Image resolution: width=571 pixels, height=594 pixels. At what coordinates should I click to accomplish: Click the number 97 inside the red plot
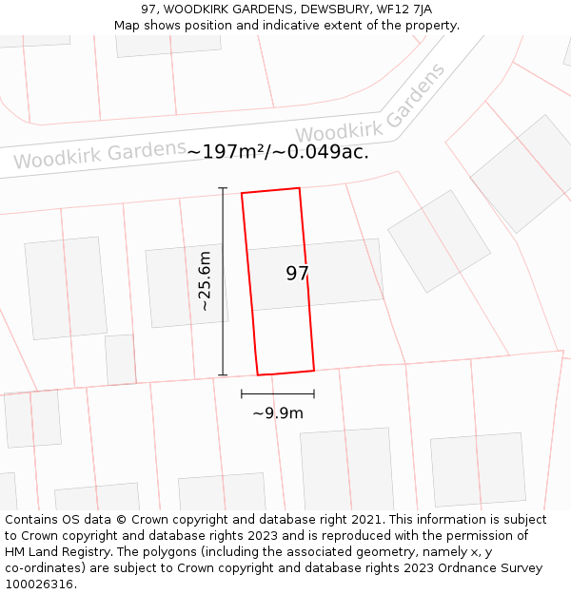coord(297,274)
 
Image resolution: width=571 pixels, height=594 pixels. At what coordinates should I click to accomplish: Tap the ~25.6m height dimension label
coord(204,281)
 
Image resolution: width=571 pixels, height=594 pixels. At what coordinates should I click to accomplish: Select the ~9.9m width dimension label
coord(278,413)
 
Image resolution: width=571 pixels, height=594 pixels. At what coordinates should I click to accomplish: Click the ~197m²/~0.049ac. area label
coord(278,151)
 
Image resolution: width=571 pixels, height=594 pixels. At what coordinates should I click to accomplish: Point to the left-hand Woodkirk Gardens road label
coord(99,155)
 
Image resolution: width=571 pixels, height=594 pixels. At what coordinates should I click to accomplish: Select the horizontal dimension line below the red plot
coord(278,393)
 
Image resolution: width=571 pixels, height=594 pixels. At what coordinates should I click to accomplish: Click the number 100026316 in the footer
coord(38,584)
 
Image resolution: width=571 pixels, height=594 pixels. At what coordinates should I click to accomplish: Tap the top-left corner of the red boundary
coord(242,194)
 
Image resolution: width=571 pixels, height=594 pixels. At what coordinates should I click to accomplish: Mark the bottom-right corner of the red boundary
coord(314,370)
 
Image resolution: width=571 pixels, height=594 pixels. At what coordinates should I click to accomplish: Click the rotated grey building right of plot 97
coord(439,240)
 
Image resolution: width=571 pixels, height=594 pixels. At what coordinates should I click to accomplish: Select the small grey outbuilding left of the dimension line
coord(120,359)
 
